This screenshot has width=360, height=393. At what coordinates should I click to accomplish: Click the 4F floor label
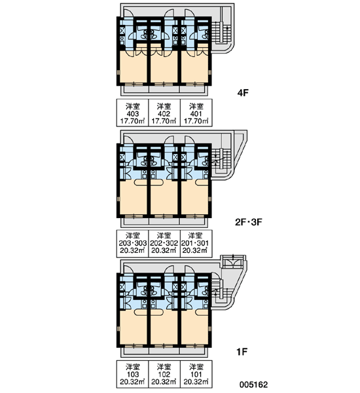[x=243, y=93]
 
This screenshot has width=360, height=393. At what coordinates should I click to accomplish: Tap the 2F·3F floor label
[x=249, y=222]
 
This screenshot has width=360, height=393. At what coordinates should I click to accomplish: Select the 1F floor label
[x=242, y=352]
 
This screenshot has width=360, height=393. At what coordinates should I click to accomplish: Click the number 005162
[x=253, y=384]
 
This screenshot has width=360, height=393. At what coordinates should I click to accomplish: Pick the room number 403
[x=132, y=114]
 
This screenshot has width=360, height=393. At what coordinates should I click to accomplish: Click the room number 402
[x=164, y=114]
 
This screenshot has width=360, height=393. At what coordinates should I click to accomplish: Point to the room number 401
[x=196, y=114]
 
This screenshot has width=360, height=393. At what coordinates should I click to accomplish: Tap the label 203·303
[x=133, y=243]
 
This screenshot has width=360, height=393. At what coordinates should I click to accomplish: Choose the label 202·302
[x=164, y=243]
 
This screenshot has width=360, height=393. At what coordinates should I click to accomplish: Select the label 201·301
[x=195, y=243]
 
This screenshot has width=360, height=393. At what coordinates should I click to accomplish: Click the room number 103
[x=132, y=375]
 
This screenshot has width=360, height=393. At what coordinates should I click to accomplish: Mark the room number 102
[x=164, y=375]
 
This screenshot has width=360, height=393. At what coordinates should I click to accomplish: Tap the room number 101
[x=196, y=375]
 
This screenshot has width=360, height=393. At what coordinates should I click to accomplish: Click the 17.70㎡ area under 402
[x=164, y=121]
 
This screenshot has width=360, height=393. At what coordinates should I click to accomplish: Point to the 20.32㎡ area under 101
[x=196, y=382]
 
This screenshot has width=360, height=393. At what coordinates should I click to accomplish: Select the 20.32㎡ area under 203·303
[x=133, y=250]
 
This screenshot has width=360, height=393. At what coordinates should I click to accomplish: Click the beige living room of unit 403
[x=133, y=67]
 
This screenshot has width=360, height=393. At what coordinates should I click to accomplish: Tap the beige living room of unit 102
[x=164, y=327]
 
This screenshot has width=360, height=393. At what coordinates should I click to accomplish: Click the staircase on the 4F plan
[x=221, y=32]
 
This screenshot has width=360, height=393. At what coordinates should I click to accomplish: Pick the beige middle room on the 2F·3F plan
[x=164, y=197]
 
